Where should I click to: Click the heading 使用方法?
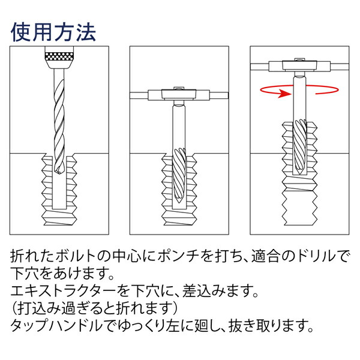pos(53,31)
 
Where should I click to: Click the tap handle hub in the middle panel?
pos(178,94)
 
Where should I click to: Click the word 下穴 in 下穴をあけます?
pos(24,276)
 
